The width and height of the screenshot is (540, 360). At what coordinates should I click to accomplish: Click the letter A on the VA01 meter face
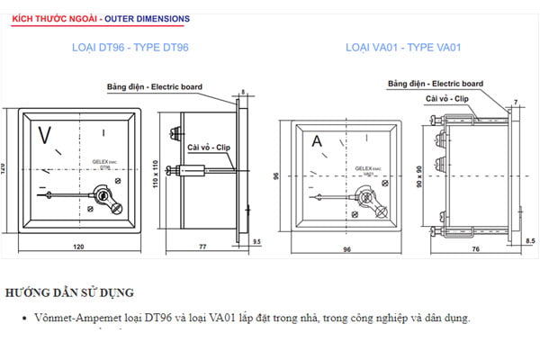[317, 141]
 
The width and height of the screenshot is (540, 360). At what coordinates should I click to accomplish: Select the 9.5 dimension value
[257, 241]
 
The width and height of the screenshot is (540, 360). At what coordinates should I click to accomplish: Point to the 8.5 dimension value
[530, 241]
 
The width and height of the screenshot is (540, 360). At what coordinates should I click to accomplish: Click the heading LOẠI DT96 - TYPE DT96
[130, 47]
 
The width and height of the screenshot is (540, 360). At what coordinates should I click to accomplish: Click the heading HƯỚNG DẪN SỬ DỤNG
[69, 292]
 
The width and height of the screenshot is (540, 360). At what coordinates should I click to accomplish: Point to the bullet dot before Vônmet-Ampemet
[22, 319]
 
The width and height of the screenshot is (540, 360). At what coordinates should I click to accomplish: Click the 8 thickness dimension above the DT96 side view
[245, 92]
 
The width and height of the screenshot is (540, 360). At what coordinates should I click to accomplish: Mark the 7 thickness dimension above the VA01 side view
[515, 100]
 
